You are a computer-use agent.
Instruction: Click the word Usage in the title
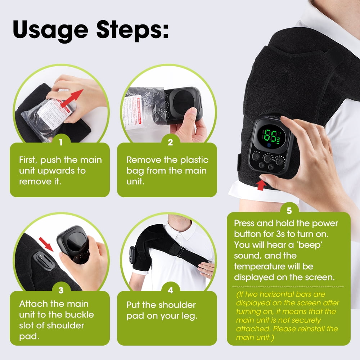tap(50, 30)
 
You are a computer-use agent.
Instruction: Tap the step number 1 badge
tap(61, 142)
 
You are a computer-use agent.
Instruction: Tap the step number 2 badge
tap(170, 142)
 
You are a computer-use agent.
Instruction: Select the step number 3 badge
tap(61, 290)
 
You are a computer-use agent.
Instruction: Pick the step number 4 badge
tap(170, 290)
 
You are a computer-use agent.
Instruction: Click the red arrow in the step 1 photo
tap(72, 98)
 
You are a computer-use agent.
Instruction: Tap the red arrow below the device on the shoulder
tap(261, 185)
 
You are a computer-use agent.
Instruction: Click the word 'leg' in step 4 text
tap(188, 316)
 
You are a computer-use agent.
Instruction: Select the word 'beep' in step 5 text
tap(310, 245)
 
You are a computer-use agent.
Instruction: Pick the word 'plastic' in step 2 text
tap(194, 160)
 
